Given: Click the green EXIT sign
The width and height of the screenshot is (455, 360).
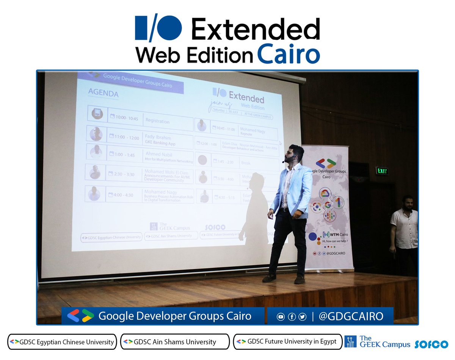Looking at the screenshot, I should click(x=382, y=171).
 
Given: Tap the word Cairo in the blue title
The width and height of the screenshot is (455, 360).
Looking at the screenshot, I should click(x=288, y=55).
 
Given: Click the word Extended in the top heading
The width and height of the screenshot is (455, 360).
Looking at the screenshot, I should click(x=256, y=30).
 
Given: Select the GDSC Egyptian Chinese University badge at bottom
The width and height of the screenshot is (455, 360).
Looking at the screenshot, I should click(x=62, y=341).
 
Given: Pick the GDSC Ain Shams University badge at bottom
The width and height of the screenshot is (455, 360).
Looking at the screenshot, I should click(x=175, y=341).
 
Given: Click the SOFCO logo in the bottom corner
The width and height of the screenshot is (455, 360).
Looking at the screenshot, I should click(x=431, y=344).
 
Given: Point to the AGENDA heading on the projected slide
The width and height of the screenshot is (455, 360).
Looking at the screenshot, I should click(x=103, y=93).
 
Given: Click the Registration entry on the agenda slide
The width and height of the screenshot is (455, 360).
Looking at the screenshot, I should click(x=158, y=122).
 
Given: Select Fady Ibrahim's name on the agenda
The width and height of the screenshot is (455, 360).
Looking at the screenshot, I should click(x=158, y=138).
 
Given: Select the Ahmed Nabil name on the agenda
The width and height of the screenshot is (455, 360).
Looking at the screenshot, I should click(x=158, y=154).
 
